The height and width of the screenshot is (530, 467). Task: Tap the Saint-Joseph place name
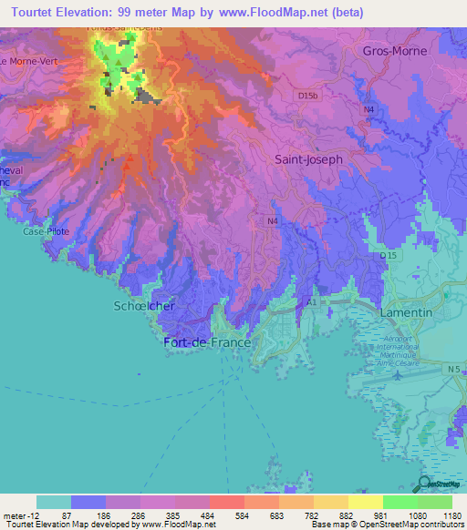[308, 158]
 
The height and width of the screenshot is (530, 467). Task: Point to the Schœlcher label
[143, 307]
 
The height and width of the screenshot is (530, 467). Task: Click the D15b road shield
[307, 95]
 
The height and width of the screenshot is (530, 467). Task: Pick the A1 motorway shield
[312, 301]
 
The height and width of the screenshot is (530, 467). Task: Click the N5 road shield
[454, 369]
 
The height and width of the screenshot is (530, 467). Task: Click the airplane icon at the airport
[397, 374]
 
